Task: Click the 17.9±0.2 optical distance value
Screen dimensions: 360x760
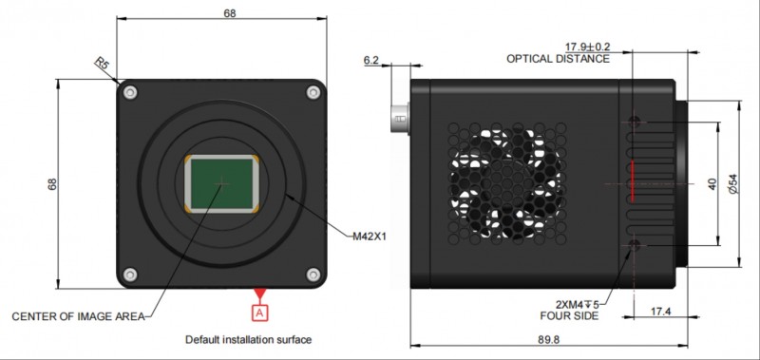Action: pos(590,47)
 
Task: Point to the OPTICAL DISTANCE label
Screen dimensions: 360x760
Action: pos(557,59)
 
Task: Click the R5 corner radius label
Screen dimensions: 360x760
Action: pos(103,65)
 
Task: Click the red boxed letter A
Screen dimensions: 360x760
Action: pos(259,311)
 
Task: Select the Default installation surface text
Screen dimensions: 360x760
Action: pos(248,339)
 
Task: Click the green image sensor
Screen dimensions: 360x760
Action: pos(223,183)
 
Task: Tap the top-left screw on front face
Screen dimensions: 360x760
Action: pos(131,92)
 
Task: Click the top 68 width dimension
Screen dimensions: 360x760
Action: pos(229,13)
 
